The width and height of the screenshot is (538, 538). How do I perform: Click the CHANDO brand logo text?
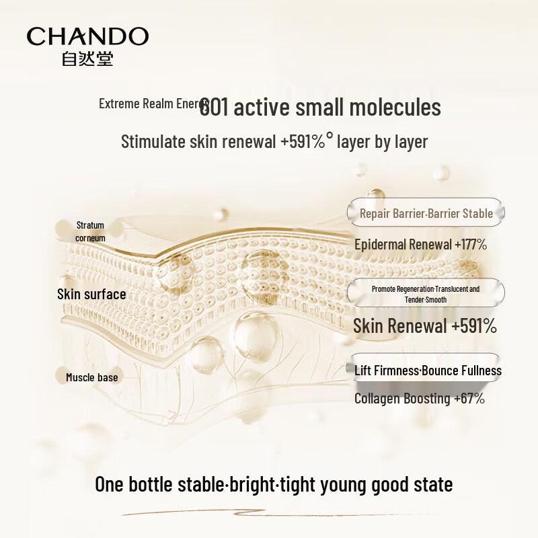[x=87, y=37]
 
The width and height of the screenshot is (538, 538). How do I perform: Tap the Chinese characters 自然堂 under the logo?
[x=87, y=59]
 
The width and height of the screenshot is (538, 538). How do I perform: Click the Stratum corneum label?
[x=90, y=231]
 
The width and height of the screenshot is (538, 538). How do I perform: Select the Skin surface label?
[x=91, y=294]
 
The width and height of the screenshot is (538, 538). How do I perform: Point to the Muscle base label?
[x=91, y=377]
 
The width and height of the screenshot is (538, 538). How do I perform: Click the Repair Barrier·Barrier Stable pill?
[x=426, y=213]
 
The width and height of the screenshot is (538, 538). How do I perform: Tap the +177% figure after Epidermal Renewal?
[x=471, y=244]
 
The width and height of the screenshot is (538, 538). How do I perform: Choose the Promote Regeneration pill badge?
[x=426, y=294]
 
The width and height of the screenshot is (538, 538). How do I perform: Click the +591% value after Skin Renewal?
[x=474, y=327]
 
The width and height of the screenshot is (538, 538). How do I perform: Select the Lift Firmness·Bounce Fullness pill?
[x=428, y=371]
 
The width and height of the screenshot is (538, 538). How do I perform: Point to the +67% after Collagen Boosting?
[x=469, y=398]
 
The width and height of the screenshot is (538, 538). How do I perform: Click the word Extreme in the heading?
[x=119, y=104]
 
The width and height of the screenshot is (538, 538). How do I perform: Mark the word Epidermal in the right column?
[x=383, y=244]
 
